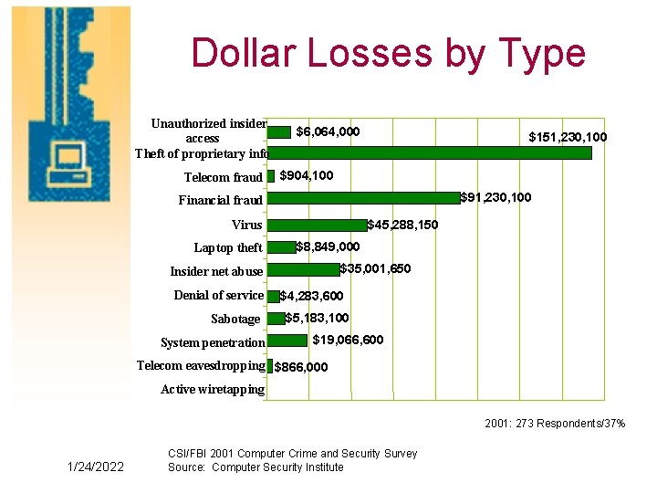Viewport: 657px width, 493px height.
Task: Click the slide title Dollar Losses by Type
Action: (x=388, y=53)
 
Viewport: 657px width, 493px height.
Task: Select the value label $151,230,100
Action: (x=568, y=138)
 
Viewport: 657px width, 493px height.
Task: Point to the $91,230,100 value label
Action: (x=495, y=197)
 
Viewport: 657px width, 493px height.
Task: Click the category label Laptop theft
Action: (x=227, y=248)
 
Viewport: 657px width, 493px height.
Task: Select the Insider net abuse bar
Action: (x=303, y=269)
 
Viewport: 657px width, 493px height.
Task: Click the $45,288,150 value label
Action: (x=402, y=225)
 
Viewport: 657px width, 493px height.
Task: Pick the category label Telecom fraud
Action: (x=223, y=178)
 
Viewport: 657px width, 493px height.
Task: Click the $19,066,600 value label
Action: (x=348, y=341)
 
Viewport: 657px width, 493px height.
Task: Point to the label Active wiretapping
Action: (x=213, y=390)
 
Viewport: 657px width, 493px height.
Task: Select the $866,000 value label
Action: (x=301, y=368)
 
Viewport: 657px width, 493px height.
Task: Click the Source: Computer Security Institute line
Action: (x=255, y=467)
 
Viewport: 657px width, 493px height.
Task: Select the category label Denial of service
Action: (x=218, y=296)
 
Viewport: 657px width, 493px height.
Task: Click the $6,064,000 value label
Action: (x=328, y=132)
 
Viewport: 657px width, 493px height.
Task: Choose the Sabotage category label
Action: (x=235, y=320)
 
